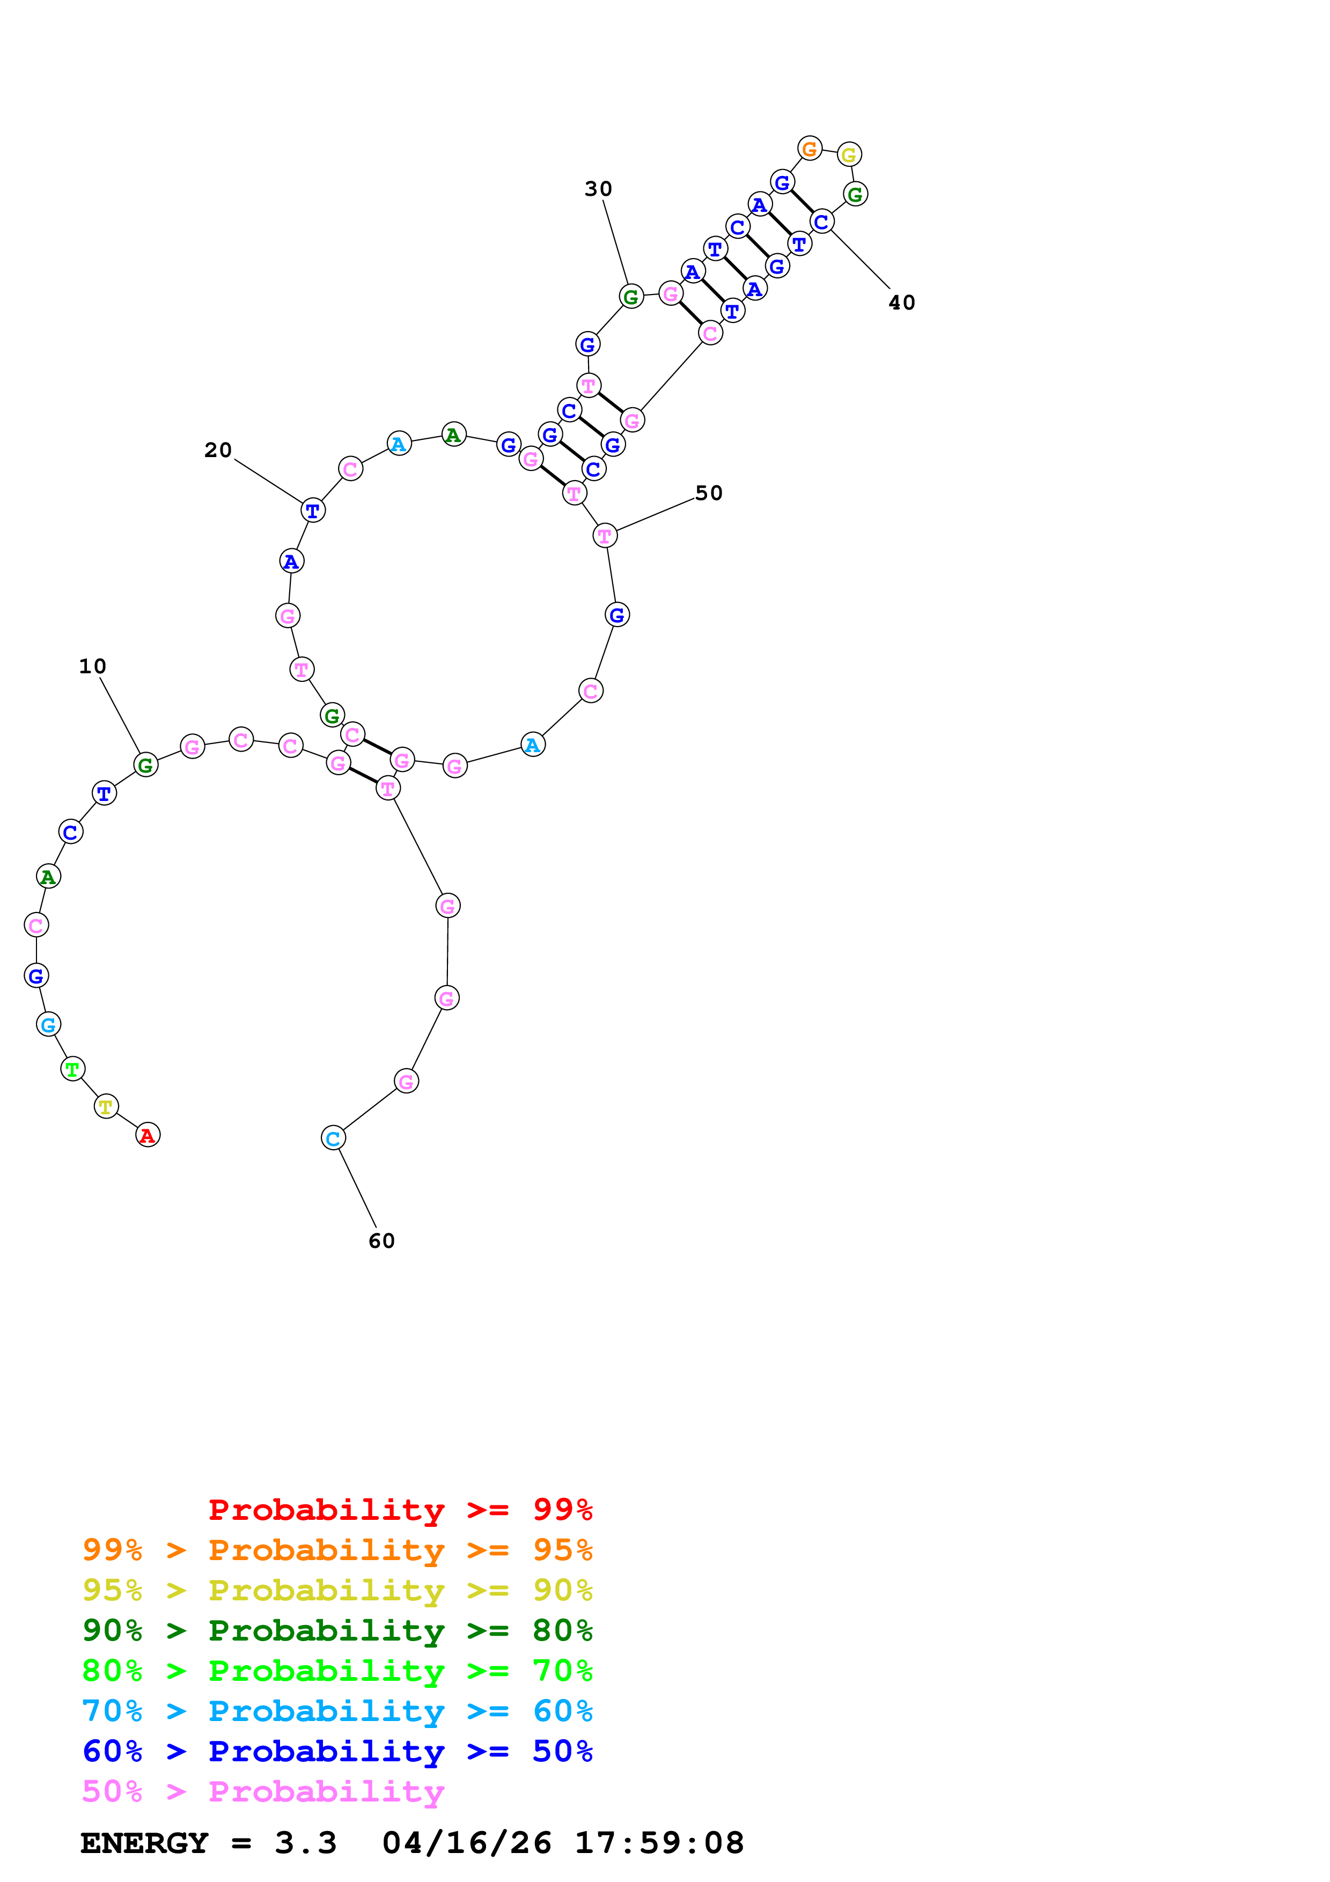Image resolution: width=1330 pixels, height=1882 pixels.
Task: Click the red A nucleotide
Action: [x=148, y=1135]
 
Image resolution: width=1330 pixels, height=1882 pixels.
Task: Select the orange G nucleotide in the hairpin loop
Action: [x=810, y=149]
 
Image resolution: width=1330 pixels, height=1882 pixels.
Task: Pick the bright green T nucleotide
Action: [x=73, y=1069]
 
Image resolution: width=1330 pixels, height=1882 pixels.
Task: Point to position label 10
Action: [x=93, y=666]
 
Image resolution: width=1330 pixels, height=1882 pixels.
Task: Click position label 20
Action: [x=218, y=450]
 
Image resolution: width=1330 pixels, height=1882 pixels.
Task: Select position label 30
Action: [x=598, y=189]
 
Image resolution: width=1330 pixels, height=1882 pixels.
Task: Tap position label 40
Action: [x=901, y=303]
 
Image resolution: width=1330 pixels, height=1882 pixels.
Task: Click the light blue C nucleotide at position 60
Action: [x=333, y=1138]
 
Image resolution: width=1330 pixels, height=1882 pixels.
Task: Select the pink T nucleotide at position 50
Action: [x=605, y=536]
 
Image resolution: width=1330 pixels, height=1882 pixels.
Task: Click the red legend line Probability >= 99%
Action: [x=400, y=1510]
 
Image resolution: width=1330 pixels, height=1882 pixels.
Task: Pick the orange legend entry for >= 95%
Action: [x=337, y=1550]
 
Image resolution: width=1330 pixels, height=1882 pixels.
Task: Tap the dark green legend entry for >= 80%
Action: [x=337, y=1630]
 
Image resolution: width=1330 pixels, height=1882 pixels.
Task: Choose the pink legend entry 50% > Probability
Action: [x=263, y=1791]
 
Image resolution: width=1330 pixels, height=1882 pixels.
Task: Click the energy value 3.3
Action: [x=306, y=1843]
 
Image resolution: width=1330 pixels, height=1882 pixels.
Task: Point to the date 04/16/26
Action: [x=466, y=1843]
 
